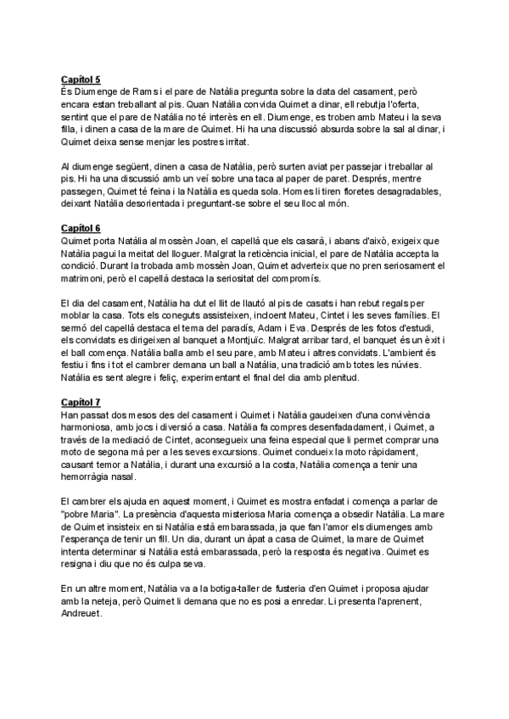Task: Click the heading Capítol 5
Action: coord(81,80)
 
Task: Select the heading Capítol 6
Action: coord(81,228)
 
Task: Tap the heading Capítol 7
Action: coord(81,401)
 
